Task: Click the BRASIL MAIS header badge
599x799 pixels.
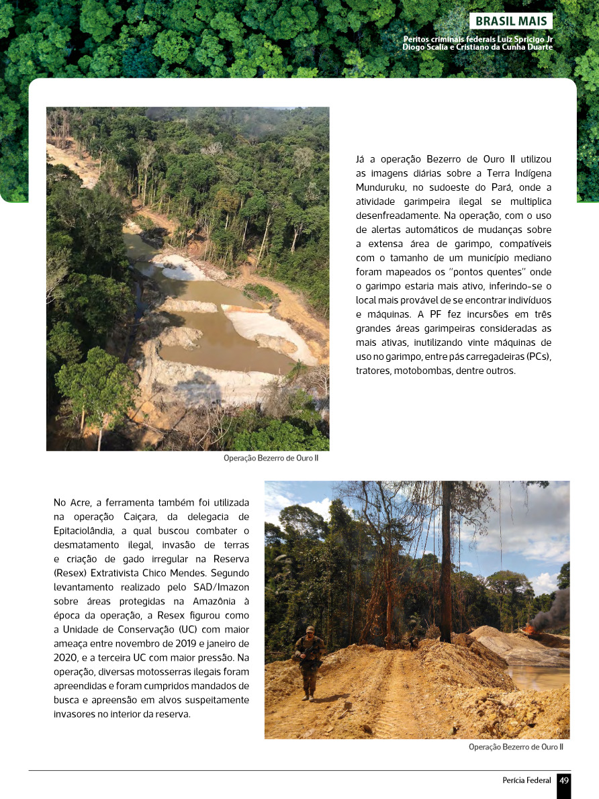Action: pyautogui.click(x=510, y=21)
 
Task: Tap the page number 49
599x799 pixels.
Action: pyautogui.click(x=564, y=780)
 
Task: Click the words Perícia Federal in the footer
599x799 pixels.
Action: pyautogui.click(x=526, y=780)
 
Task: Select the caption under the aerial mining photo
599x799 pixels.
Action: pyautogui.click(x=271, y=458)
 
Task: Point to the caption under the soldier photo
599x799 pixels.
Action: pyautogui.click(x=516, y=747)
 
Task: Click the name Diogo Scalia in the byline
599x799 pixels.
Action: pyautogui.click(x=426, y=47)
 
